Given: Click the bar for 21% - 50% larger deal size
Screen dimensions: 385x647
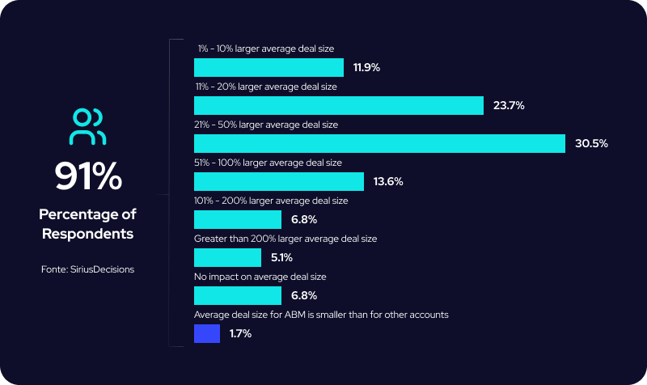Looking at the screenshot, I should tap(379, 143).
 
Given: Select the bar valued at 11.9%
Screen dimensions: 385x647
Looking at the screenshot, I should tap(269, 67).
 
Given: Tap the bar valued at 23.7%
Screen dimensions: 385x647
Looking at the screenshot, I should tap(339, 105).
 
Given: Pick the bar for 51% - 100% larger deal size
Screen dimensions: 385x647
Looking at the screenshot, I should tap(279, 181).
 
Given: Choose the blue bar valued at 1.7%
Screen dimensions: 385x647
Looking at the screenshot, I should tap(207, 333).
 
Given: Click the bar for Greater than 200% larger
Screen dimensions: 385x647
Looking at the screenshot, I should tap(228, 257).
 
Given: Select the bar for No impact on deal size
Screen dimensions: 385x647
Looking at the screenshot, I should tap(238, 295).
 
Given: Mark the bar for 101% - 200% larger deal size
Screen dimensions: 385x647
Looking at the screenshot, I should tap(238, 219).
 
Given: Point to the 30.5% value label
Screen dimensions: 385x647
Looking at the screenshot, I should tap(590, 143).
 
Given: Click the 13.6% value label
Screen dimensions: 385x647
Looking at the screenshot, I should tap(388, 181).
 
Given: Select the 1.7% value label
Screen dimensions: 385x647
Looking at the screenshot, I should tap(239, 333).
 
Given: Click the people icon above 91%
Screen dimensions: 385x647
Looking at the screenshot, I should tap(87, 126).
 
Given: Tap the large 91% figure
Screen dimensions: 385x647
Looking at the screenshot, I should tap(87, 176).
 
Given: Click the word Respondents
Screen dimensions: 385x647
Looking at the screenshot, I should tap(87, 234).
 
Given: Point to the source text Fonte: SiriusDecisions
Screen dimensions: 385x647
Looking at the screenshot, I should tap(87, 269).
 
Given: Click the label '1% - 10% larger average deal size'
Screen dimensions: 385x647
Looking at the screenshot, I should tap(265, 49).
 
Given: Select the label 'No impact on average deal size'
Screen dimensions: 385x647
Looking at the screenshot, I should tap(260, 277).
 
